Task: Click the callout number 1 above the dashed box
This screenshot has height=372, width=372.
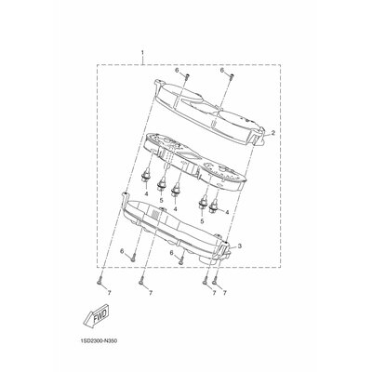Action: point(142,53)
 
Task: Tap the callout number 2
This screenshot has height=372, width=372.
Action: point(273,133)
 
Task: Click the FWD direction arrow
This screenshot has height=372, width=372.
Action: point(97,315)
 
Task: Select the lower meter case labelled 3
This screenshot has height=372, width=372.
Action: point(177,231)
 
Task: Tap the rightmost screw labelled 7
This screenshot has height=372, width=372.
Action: point(214,281)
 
